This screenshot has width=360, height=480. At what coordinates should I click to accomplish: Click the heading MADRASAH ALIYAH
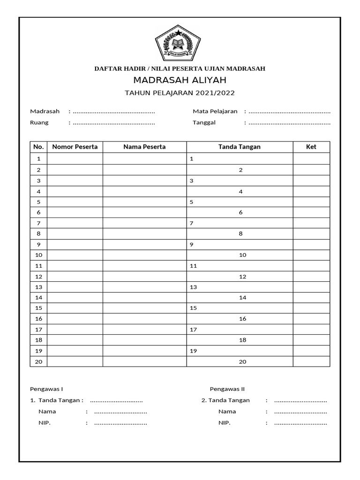[x=180, y=80]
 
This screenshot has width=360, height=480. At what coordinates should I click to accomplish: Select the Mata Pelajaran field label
[x=215, y=112]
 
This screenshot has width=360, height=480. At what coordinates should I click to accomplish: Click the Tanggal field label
[x=204, y=123]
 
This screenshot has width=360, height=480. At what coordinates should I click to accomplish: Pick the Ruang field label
[x=39, y=123]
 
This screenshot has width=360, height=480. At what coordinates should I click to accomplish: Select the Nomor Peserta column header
[x=75, y=147]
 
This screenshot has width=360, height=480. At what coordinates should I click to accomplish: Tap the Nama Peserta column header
[x=144, y=147]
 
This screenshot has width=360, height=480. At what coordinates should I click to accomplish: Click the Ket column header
[x=311, y=147]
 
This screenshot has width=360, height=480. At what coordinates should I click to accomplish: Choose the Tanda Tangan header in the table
[x=240, y=147]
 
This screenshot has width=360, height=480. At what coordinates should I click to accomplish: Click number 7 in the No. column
[x=38, y=223]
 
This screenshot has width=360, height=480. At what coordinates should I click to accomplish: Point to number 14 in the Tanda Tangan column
[x=242, y=298]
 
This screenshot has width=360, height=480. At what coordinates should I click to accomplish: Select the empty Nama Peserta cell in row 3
[x=144, y=180]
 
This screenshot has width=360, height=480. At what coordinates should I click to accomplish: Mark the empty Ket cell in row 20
[x=311, y=362]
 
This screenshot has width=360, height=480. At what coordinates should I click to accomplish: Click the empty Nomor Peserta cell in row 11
[x=75, y=266]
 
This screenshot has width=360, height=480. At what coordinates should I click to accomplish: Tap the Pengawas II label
[x=227, y=389]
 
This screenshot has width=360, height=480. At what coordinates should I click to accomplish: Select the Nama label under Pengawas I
[x=47, y=412]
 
